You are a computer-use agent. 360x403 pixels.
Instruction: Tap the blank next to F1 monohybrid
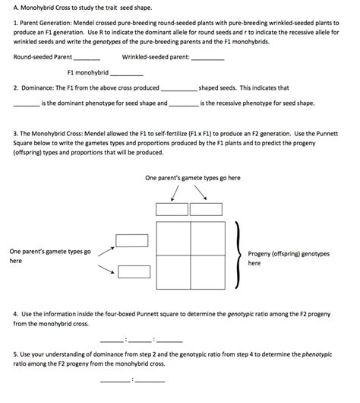tap(127, 75)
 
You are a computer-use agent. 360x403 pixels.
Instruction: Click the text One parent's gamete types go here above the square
tap(192, 178)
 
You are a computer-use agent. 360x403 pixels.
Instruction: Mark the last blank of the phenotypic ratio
tap(149, 379)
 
